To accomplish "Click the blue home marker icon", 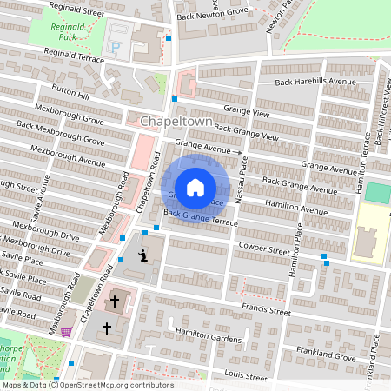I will coord(195,187).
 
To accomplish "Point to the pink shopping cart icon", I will coord(66,331).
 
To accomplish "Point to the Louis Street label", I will coord(245,376).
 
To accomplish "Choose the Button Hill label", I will coord(71,90).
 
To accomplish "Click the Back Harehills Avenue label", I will coord(316,82).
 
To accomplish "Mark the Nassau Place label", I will coord(242,179).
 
